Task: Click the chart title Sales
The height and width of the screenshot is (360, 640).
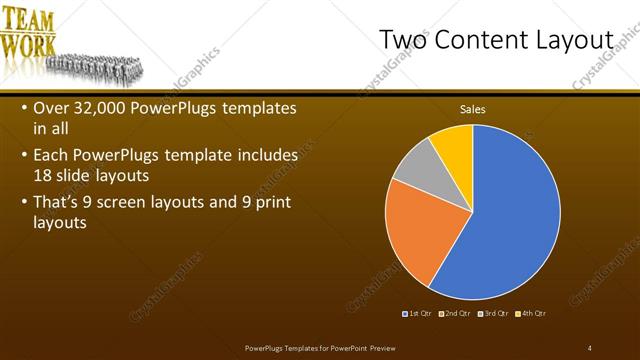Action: coord(472,109)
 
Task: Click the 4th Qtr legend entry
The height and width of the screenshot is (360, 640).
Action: coord(530,314)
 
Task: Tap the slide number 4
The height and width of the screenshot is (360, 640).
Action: coord(590,347)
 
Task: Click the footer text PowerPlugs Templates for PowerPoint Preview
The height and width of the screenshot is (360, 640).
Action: coord(327,347)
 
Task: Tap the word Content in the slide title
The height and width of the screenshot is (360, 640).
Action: coord(481,39)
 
